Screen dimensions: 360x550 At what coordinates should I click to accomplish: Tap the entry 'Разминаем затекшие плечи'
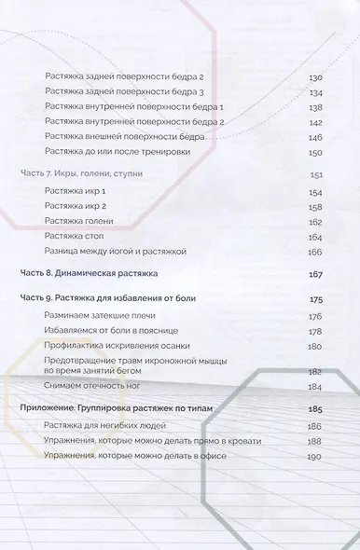90,317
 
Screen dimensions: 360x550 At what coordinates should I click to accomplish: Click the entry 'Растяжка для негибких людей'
96,425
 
